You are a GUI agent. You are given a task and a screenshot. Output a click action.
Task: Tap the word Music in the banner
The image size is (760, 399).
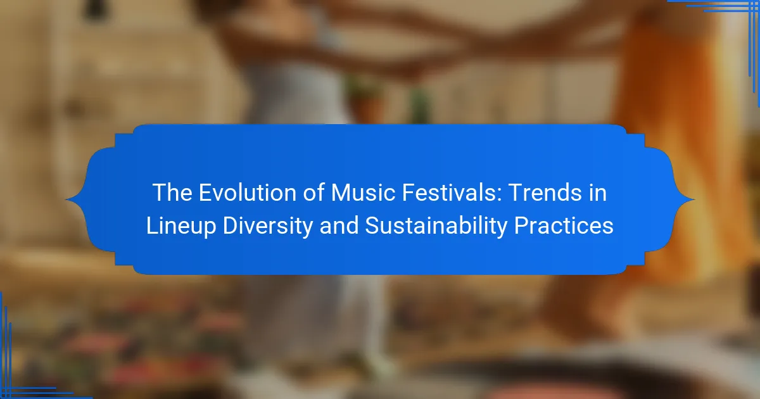pyautogui.click(x=363, y=193)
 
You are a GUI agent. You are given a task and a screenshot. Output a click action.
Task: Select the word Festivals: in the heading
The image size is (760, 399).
pyautogui.click(x=452, y=193)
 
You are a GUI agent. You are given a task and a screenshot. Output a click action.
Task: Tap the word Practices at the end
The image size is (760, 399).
pyautogui.click(x=564, y=225)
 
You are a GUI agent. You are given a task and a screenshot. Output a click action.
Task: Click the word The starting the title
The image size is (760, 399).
pyautogui.click(x=172, y=193)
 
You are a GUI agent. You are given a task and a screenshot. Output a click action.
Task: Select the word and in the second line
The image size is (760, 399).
pyautogui.click(x=339, y=225)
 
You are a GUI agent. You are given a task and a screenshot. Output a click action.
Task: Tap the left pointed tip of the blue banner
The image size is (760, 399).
pyautogui.click(x=66, y=199)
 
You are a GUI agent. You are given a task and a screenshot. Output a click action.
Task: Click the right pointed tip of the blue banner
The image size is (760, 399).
pyautogui.click(x=694, y=199)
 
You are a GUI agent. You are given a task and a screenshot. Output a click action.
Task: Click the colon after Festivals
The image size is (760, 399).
pyautogui.click(x=499, y=196)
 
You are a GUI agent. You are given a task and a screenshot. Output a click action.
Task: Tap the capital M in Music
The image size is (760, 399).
pyautogui.click(x=341, y=193)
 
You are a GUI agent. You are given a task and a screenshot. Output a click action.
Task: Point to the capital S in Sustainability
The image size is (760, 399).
pyautogui.click(x=374, y=225)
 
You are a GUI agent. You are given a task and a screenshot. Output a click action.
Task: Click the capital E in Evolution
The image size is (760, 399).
pyautogui.click(x=206, y=193)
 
